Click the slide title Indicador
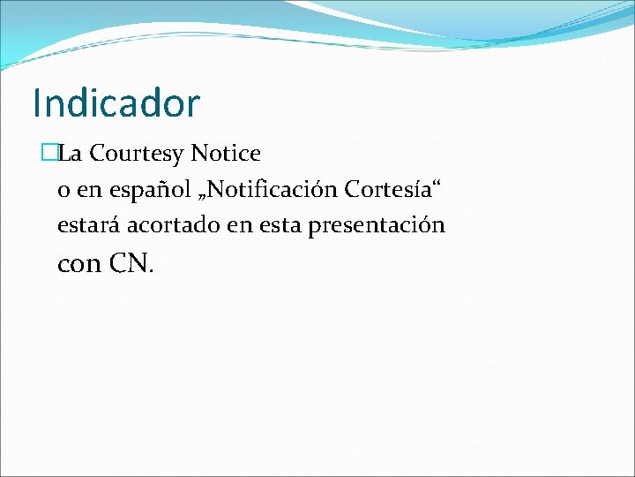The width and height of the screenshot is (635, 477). (116, 102)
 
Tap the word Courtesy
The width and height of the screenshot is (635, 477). (137, 154)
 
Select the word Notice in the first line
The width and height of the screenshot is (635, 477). (226, 154)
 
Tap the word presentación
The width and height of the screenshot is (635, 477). (377, 225)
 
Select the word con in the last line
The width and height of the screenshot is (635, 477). (78, 263)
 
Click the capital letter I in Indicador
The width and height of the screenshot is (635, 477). (37, 102)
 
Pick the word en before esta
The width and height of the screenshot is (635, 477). (238, 226)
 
